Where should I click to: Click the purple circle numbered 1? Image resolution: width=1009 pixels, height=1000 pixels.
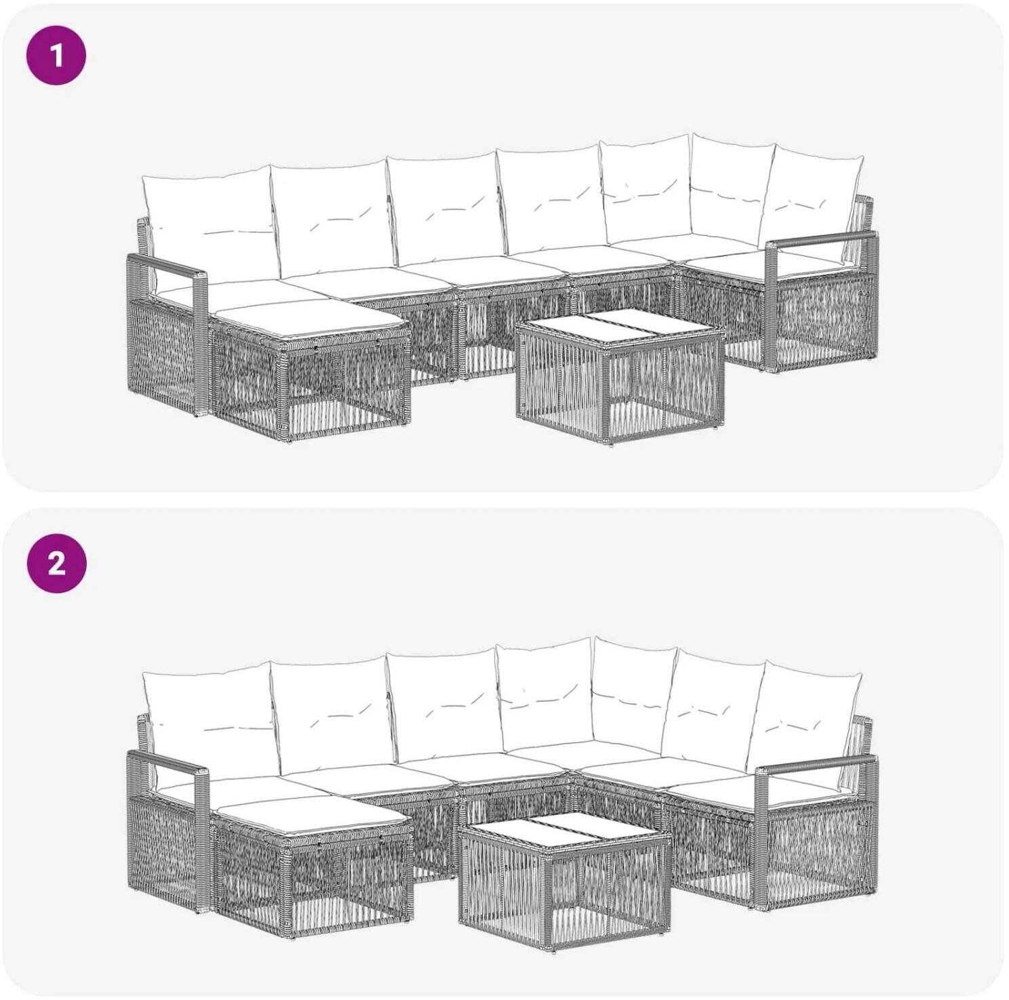57,55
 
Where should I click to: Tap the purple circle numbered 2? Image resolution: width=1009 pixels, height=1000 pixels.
57,563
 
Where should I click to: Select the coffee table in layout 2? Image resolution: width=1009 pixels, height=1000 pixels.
564,881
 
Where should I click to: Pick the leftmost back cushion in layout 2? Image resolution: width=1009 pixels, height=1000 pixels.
210,721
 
